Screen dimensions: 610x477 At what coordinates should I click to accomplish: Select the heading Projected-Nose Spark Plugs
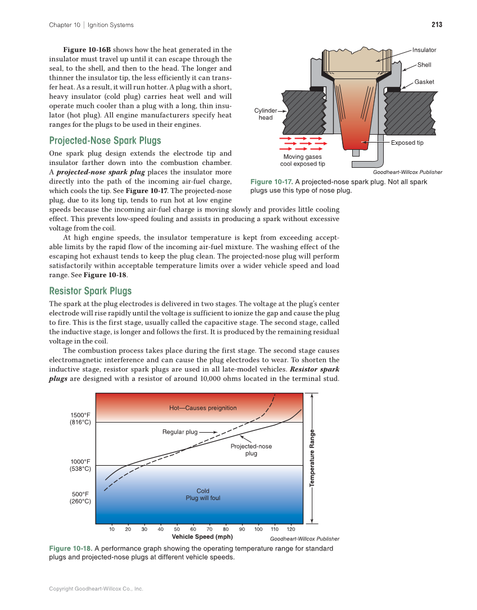pyautogui.click(x=105, y=140)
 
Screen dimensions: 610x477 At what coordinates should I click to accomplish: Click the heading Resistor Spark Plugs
pyautogui.click(x=90, y=291)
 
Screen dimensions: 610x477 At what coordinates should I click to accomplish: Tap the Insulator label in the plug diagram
pyautogui.click(x=424, y=50)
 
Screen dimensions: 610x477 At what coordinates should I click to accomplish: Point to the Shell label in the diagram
pyautogui.click(x=424, y=65)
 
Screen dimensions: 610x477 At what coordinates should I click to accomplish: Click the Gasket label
pyautogui.click(x=424, y=82)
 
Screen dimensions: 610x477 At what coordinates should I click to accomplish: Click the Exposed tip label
pyautogui.click(x=407, y=143)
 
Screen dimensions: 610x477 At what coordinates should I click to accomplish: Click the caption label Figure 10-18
pyautogui.click(x=71, y=548)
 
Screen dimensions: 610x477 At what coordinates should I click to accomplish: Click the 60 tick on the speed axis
pyautogui.click(x=193, y=529)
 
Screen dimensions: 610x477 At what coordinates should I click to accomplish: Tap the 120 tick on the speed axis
pyautogui.click(x=291, y=529)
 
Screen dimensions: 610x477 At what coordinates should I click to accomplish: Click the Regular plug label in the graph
pyautogui.click(x=180, y=432)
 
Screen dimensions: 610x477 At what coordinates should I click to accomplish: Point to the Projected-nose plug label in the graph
pyautogui.click(x=251, y=450)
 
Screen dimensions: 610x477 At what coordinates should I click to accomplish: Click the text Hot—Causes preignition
pyautogui.click(x=203, y=407)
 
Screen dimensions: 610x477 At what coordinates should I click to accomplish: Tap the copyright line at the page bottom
pyautogui.click(x=96, y=589)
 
